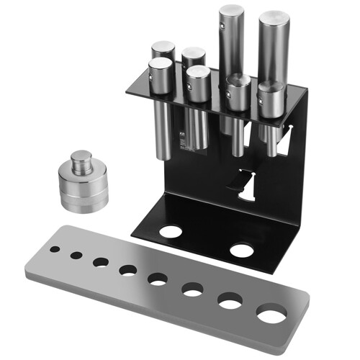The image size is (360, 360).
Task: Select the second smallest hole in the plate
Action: pos(76,255)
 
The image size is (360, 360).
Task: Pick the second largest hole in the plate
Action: pos(230,302)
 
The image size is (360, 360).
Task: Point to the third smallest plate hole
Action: pos(100,262)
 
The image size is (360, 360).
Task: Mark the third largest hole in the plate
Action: pos(192,289)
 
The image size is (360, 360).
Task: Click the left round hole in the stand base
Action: pos(171,232)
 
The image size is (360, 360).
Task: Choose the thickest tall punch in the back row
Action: pos(274,50)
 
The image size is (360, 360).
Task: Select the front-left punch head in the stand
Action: pos(160,72)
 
